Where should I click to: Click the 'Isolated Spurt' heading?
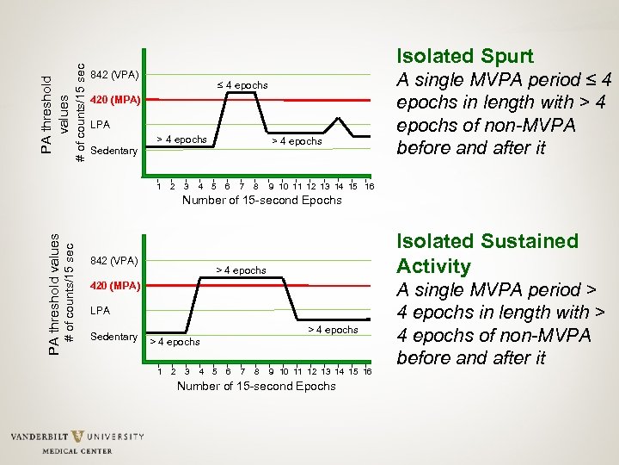464,57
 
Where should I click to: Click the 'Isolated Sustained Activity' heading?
487,253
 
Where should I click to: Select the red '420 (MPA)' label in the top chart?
114,99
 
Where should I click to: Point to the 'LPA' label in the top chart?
100,125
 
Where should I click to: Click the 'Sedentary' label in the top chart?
113,151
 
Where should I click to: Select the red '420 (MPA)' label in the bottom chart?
114,285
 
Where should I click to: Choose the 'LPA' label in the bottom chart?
100,310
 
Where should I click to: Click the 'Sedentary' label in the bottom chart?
113,336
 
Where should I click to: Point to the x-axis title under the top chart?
261,201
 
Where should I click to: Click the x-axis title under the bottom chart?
256,386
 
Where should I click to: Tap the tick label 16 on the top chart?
369,186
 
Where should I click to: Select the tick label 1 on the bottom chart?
159,371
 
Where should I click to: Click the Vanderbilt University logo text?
77,437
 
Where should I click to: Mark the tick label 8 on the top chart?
255,186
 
